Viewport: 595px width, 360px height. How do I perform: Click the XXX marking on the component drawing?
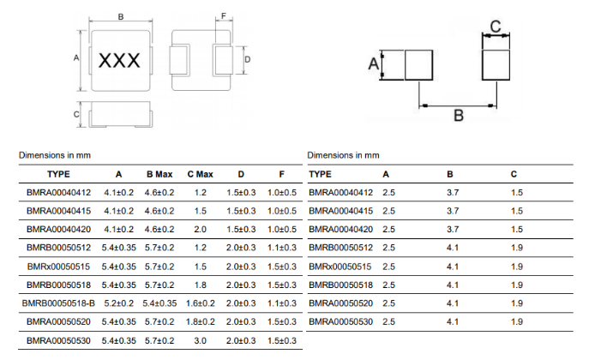(119, 61)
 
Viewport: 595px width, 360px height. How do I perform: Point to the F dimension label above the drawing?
(224, 16)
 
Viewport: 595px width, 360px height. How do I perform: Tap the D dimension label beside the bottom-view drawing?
(248, 59)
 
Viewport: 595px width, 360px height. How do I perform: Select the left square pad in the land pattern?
(418, 65)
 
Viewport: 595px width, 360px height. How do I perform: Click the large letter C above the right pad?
(496, 27)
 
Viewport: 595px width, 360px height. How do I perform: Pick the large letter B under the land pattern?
(459, 115)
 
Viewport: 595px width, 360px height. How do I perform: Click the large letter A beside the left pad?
(374, 63)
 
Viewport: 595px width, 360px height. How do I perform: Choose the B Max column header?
(159, 175)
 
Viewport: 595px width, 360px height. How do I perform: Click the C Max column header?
(200, 175)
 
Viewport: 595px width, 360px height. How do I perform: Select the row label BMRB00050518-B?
(58, 303)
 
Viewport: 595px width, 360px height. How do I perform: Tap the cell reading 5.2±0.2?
(119, 303)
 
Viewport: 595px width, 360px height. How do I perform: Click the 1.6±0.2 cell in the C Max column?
(201, 303)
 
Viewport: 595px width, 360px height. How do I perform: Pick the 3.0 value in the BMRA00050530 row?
(200, 340)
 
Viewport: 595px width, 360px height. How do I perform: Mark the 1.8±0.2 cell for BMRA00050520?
(201, 322)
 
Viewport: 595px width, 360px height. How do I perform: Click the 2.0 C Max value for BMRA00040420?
(200, 230)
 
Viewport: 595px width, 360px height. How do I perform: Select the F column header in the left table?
(281, 175)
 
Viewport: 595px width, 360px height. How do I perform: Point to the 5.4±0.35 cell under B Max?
(159, 303)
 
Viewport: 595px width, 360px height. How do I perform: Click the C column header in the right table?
(514, 175)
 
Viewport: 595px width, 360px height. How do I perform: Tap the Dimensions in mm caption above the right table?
(344, 155)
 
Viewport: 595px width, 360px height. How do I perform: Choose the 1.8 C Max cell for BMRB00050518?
(200, 285)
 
